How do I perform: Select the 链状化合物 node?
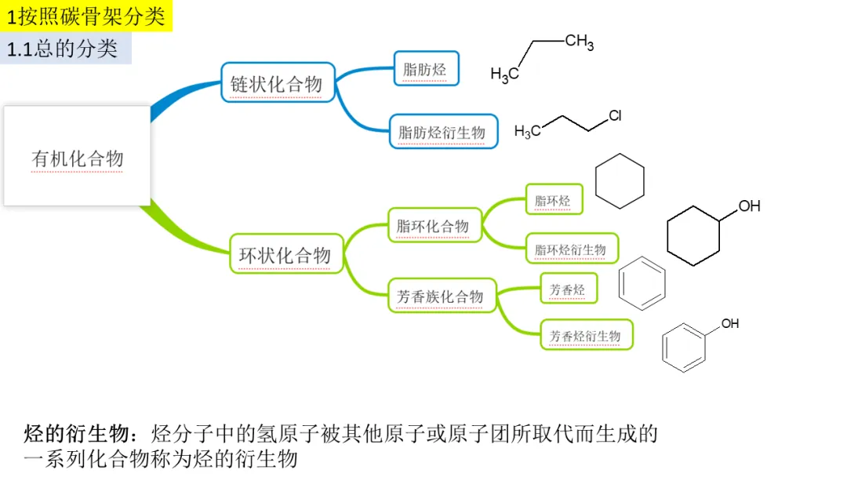(x=277, y=82)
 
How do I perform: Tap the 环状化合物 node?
(x=285, y=253)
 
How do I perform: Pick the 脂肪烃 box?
(x=425, y=69)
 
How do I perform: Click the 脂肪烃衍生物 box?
(x=443, y=132)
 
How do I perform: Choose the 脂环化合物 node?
(x=434, y=226)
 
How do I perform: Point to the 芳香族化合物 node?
(x=442, y=296)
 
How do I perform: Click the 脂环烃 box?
(x=554, y=201)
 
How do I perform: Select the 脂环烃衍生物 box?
(x=571, y=249)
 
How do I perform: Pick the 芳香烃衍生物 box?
(x=586, y=335)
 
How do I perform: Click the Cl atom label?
(x=615, y=116)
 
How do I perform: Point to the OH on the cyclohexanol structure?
(x=749, y=206)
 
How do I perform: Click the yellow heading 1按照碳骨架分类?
(x=85, y=16)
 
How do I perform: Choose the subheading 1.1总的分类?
(x=63, y=49)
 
